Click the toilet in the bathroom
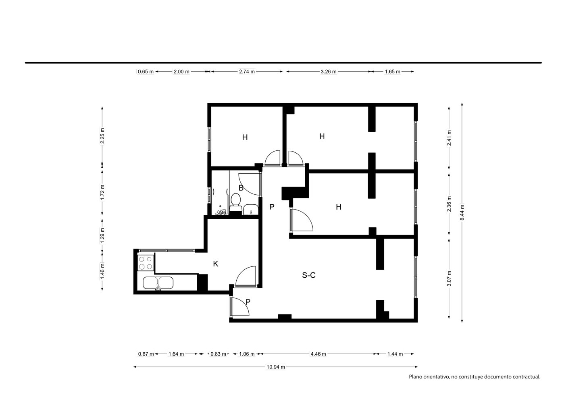point(236,202)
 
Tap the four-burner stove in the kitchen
point(146,263)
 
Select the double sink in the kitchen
point(158,283)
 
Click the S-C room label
point(309,275)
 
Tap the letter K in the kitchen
point(216,264)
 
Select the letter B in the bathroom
point(241,188)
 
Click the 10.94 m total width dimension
point(276,367)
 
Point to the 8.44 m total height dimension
point(462,212)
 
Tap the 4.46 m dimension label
point(318,354)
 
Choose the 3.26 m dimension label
point(329,72)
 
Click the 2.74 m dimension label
point(247,71)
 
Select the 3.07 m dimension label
point(449,278)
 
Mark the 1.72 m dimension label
point(102,193)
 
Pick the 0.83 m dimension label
point(218,354)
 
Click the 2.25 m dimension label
point(102,136)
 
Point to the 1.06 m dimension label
point(247,354)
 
